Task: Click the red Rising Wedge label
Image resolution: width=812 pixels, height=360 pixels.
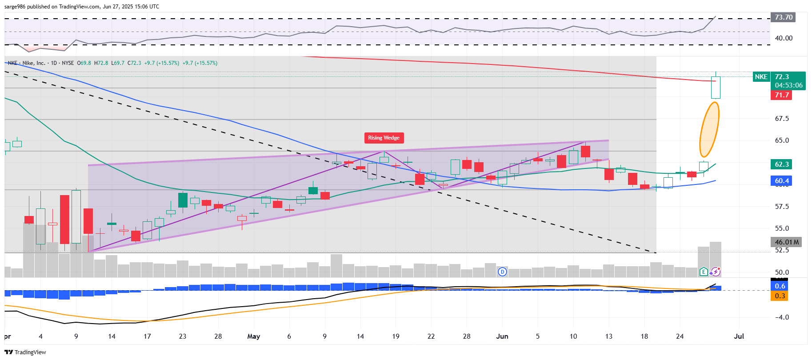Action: point(384,138)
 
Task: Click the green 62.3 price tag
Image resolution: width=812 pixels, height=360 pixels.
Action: point(781,164)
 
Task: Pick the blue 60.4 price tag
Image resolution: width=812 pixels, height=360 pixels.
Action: point(781,181)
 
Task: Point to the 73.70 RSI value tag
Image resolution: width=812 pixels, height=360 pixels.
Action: point(783,17)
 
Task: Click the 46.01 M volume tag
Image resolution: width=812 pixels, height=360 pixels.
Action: point(786,242)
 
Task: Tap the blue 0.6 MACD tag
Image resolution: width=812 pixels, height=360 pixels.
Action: point(780,286)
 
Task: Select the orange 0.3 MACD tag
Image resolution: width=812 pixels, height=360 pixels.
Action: point(780,296)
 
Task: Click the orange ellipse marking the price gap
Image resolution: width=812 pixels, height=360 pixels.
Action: point(709,129)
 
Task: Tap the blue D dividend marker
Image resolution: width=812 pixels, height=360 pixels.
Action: point(502,272)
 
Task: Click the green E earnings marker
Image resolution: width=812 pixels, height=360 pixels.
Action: point(704,272)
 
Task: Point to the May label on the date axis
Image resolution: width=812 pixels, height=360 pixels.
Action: point(253,336)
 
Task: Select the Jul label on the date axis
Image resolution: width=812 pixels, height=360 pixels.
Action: point(739,336)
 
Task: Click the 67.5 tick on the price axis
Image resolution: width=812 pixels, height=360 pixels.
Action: point(782,119)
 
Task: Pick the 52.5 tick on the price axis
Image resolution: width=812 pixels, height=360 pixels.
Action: point(782,250)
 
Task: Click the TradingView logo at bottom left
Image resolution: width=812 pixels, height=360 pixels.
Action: point(25,352)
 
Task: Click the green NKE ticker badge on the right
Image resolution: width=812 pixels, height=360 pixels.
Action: point(761,77)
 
